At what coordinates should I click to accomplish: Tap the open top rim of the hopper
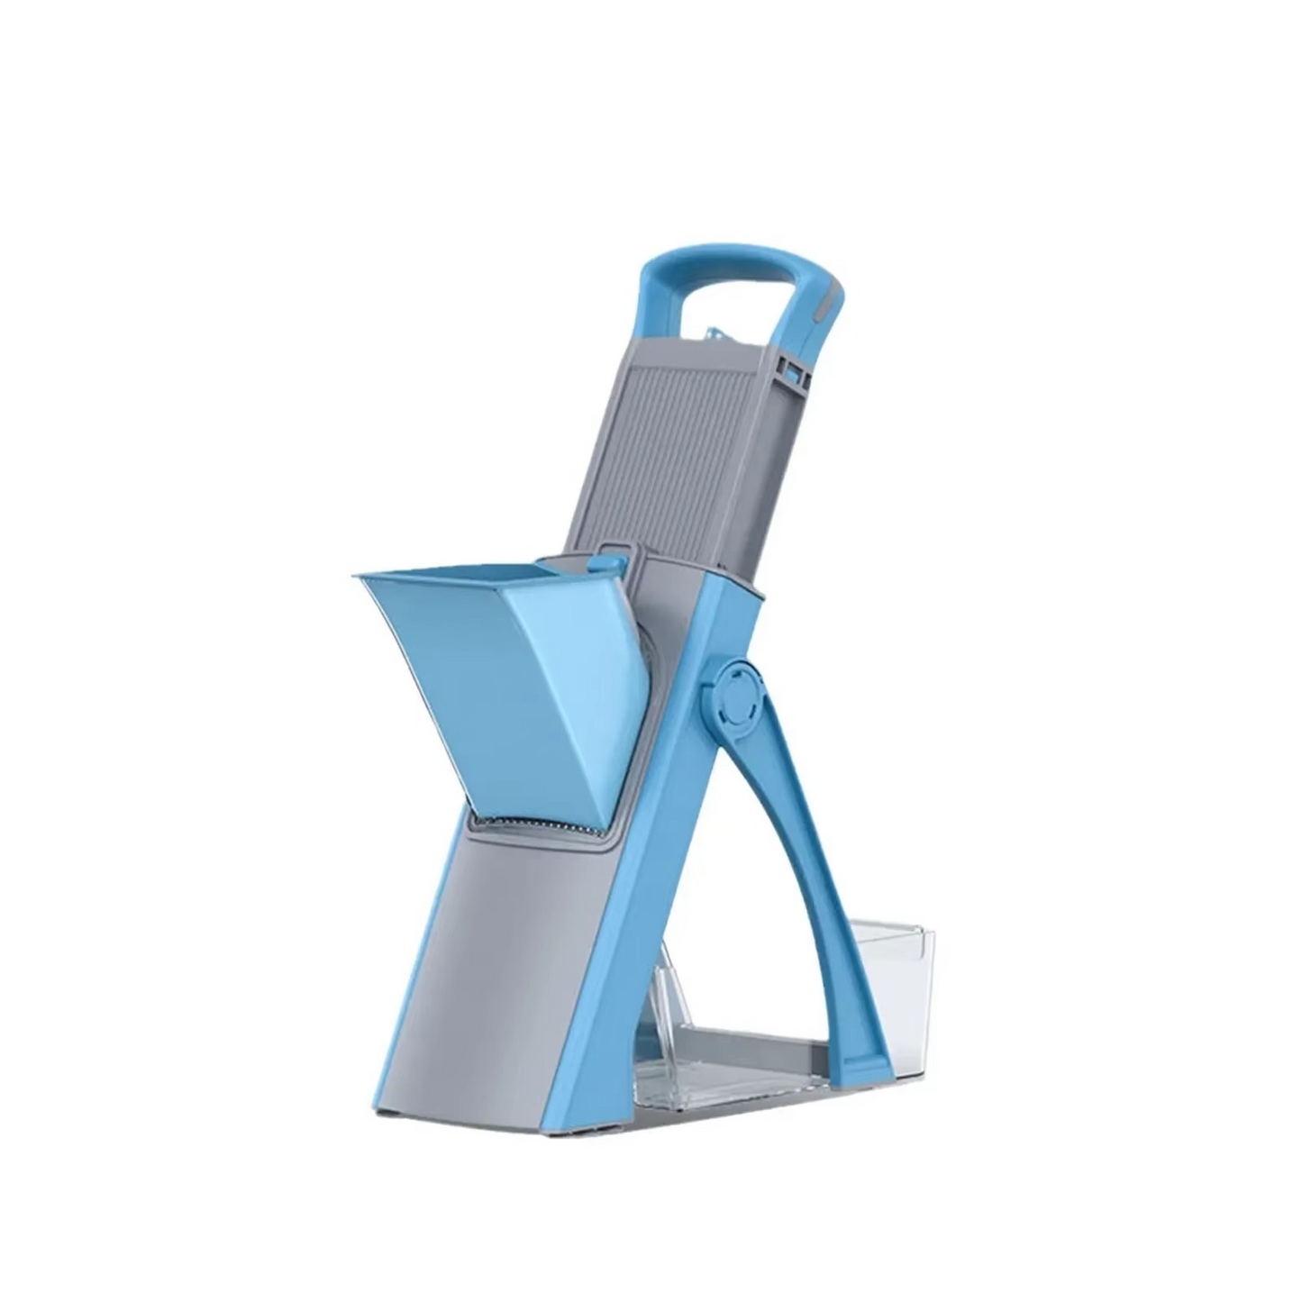pyautogui.click(x=451, y=577)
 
